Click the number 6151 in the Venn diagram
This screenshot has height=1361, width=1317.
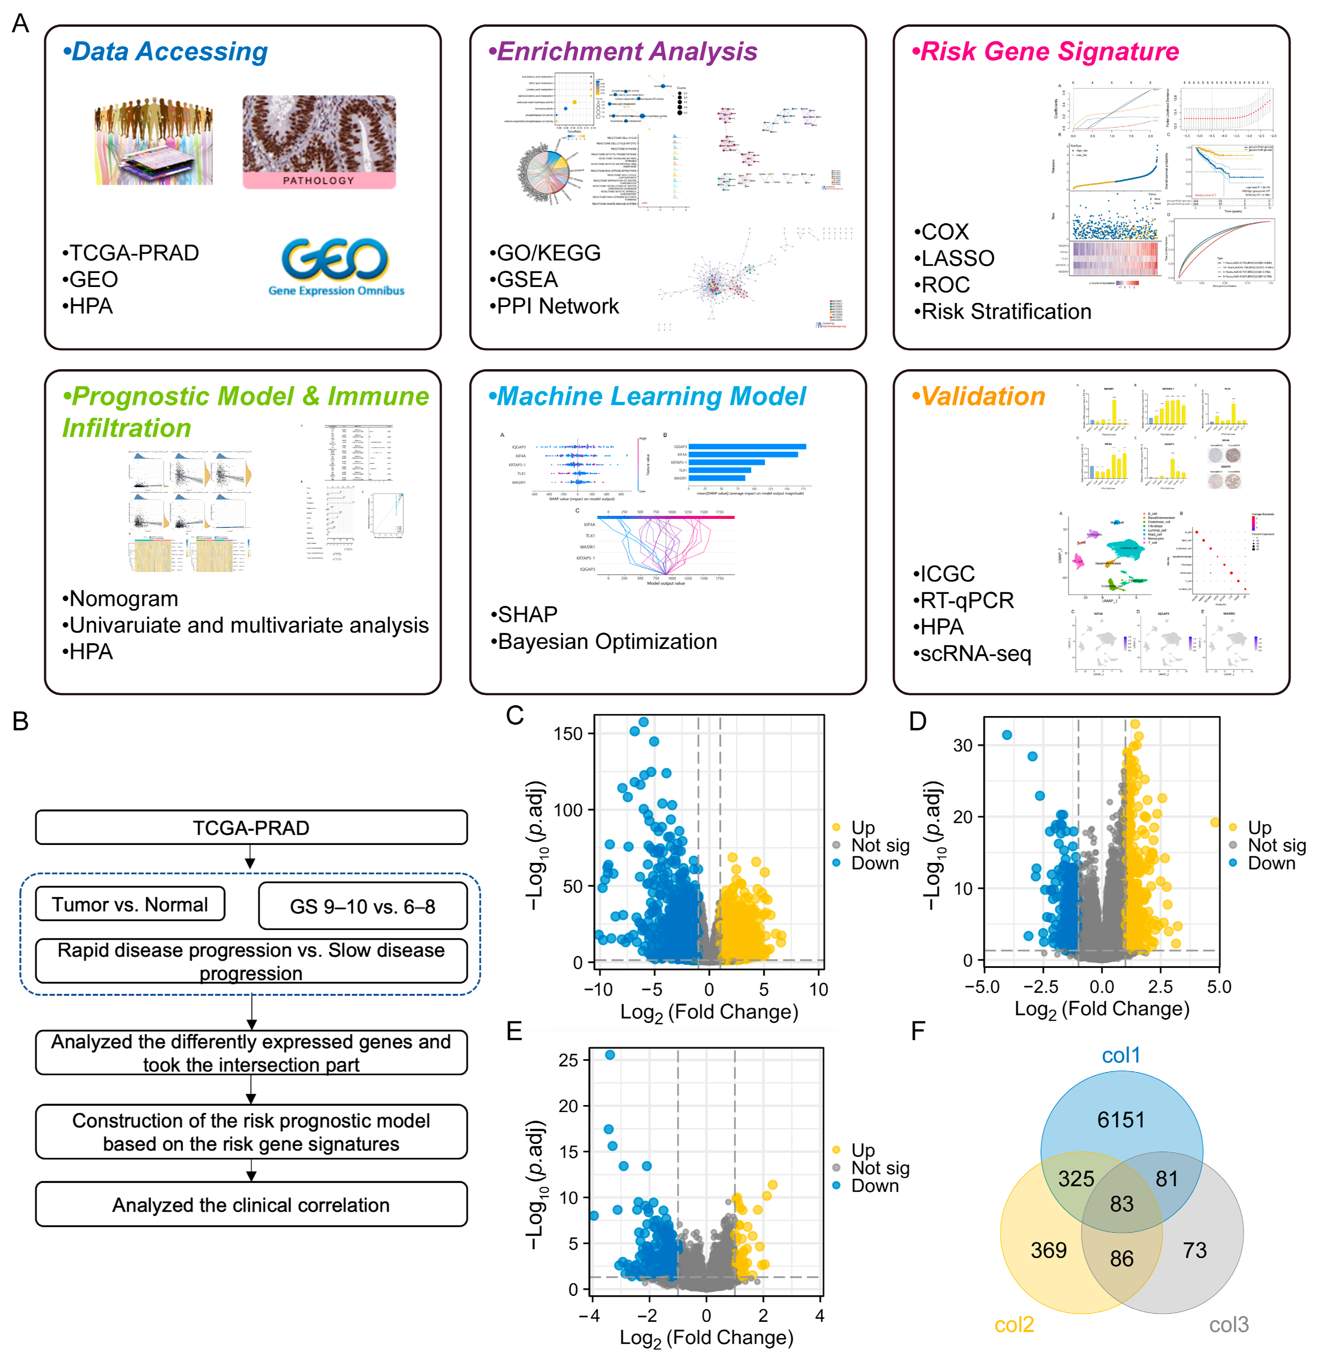pos(1121,1120)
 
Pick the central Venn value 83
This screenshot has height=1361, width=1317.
pos(1121,1203)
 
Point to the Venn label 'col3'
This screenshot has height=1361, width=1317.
pos(1228,1324)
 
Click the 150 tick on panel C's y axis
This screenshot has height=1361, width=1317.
pos(568,734)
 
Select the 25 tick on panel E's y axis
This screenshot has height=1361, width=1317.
pos(568,1060)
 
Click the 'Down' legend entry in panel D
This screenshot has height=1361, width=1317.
pos(1270,863)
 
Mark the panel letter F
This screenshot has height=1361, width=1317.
pos(918,1031)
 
